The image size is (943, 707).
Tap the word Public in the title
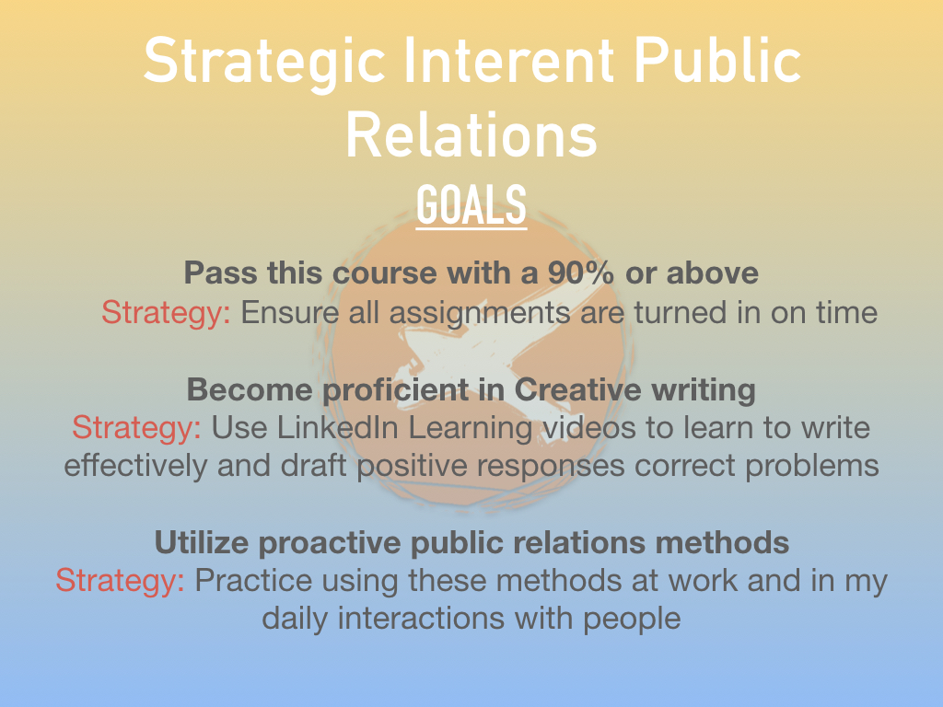[x=717, y=60]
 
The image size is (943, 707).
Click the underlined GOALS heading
[x=471, y=205]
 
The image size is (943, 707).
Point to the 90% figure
[x=581, y=272]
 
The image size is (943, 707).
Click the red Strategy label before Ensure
[x=166, y=313]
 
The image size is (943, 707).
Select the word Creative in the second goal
[x=578, y=389]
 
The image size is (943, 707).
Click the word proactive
[x=330, y=543]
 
